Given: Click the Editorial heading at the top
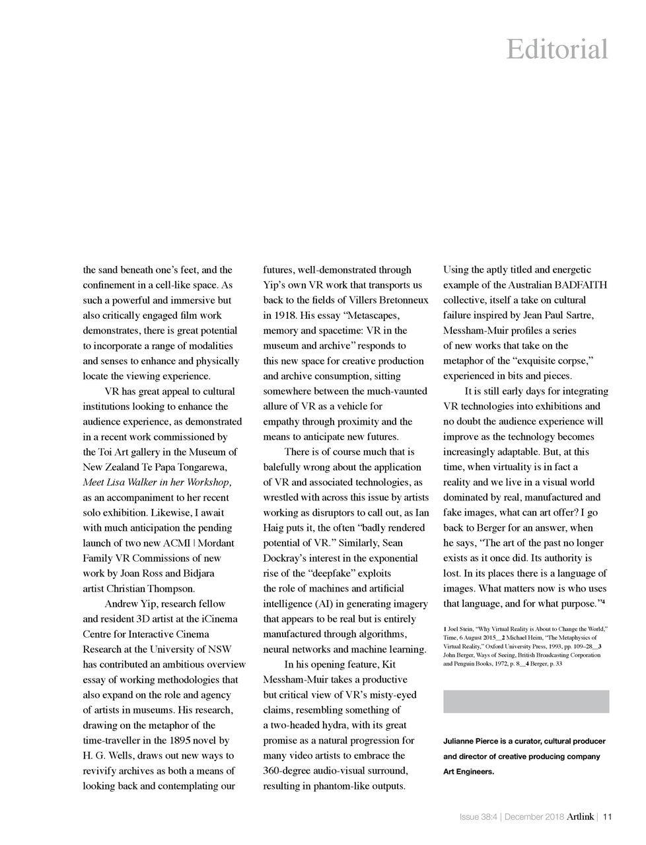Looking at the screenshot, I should point(557,50).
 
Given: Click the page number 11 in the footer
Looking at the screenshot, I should point(608,817).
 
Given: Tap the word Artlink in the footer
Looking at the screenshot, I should point(580,817).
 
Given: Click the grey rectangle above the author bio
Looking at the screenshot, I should point(526,701).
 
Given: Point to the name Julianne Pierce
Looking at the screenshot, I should point(473,741).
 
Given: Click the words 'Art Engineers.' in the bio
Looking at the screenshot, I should point(468,770).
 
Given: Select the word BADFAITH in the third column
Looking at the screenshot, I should point(581,285).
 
